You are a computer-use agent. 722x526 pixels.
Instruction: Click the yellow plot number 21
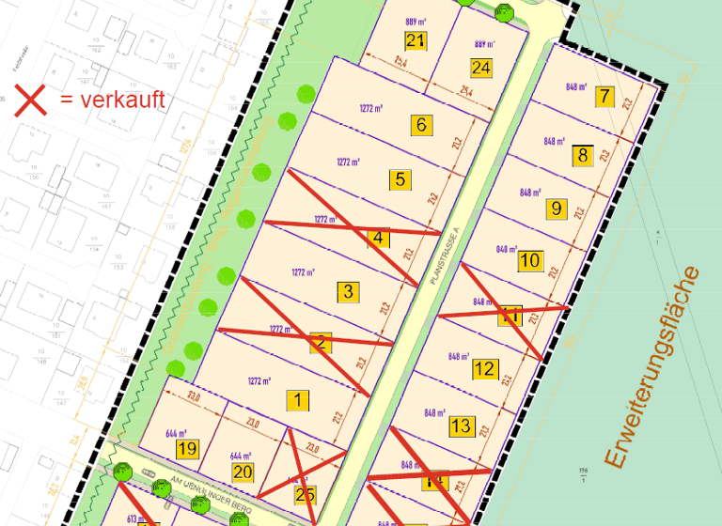[416, 40]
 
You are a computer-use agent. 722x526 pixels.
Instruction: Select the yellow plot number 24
[481, 68]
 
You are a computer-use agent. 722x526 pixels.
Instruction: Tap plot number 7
[604, 96]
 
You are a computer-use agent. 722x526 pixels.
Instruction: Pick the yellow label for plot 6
[421, 125]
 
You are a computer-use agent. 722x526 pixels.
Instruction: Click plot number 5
[400, 178]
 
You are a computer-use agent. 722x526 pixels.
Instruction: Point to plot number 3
[348, 291]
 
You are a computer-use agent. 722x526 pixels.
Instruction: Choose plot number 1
[297, 401]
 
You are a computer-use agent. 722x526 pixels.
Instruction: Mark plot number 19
[187, 449]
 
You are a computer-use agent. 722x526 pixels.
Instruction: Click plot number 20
[243, 472]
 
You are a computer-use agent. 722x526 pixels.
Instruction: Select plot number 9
[557, 208]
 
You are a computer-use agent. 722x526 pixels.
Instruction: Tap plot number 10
[530, 260]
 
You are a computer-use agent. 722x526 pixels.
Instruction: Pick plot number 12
[484, 369]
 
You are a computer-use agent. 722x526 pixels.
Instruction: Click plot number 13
[461, 426]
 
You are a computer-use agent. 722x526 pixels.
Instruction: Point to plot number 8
[583, 155]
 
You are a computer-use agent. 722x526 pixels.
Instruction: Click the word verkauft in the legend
[123, 100]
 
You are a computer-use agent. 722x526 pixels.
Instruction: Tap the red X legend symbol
[29, 101]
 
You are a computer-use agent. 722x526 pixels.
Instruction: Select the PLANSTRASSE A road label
[443, 258]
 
